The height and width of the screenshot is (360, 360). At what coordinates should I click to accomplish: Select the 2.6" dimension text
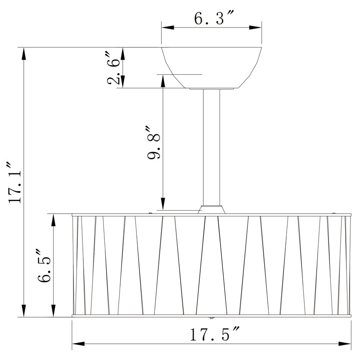click(114, 68)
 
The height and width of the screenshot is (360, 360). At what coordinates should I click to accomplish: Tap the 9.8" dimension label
click(153, 142)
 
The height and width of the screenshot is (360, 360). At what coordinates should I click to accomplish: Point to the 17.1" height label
click(14, 183)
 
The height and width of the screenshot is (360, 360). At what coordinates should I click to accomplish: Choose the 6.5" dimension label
click(44, 265)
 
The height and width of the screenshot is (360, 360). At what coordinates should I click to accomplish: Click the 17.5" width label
click(215, 334)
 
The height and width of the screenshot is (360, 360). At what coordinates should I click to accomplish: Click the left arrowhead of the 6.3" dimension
click(167, 27)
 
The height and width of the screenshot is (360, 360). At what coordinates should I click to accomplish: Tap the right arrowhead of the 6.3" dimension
click(255, 27)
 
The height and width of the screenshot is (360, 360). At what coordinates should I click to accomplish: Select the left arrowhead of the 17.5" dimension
click(78, 344)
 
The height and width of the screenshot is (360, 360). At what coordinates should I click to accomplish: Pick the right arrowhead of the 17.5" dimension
click(345, 344)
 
